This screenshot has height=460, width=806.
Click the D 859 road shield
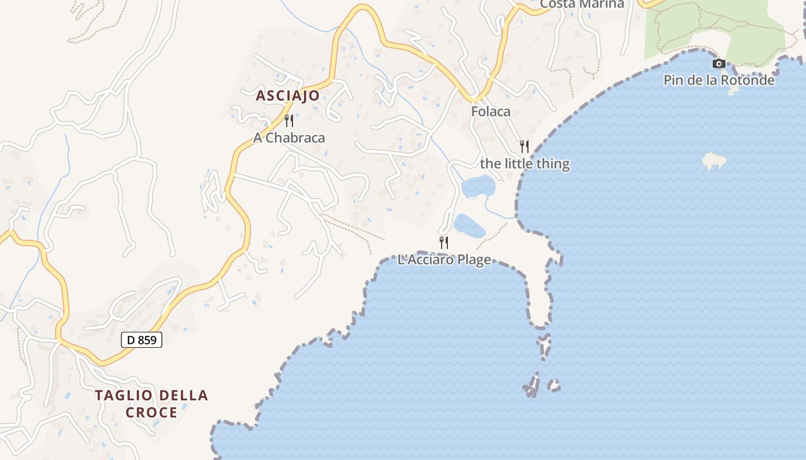[142, 340]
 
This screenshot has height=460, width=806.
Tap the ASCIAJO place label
[287, 96]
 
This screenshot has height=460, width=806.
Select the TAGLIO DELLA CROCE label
[151, 404]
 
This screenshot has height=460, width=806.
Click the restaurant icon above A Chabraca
[289, 121]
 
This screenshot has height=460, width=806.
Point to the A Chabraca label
[289, 138]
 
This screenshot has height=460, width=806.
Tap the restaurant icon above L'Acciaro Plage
[444, 243]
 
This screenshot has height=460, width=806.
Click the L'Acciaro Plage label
[444, 260]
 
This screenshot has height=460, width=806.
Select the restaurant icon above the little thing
[524, 147]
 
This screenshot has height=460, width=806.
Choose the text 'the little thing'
[524, 164]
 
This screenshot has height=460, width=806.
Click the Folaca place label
[491, 112]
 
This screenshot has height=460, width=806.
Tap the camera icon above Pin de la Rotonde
[718, 64]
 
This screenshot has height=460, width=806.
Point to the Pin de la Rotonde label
[719, 80]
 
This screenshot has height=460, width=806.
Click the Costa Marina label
[582, 4]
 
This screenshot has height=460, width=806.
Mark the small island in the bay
[714, 161]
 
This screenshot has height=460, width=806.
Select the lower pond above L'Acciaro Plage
[469, 225]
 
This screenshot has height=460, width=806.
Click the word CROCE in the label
[151, 412]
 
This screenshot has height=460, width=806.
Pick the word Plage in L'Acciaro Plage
[474, 260]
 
